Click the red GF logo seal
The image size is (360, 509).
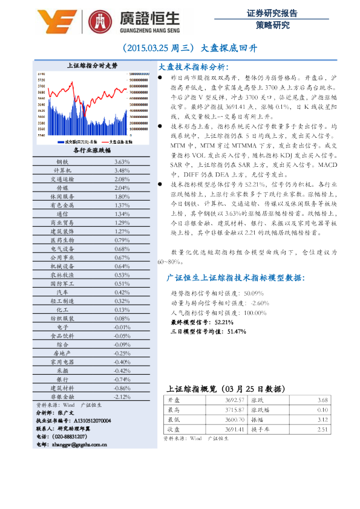100,22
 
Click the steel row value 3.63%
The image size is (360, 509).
122,162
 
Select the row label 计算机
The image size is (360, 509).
62,171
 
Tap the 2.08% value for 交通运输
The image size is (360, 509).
122,180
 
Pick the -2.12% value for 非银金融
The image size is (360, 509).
122,397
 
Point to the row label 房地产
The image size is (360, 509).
62,353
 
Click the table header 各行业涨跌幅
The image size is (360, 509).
91,151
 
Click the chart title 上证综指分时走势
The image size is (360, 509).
91,65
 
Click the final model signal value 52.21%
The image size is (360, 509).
224,322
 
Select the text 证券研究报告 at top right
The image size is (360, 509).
272,12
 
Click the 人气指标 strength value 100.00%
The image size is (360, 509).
254,313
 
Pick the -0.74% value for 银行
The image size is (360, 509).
122,379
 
